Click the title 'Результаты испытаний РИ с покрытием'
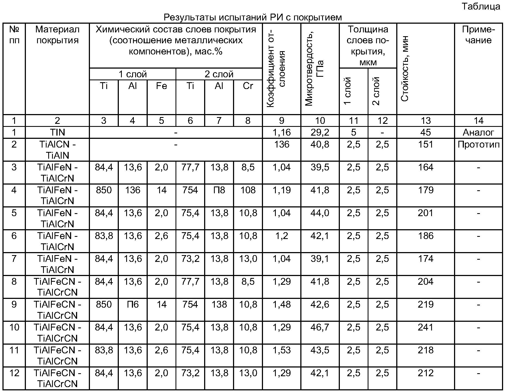click(252, 17)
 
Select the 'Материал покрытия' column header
click(57, 35)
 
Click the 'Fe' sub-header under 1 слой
click(161, 86)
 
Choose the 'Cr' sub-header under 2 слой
click(248, 86)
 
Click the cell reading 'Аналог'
click(478, 132)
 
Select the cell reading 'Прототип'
click(478, 144)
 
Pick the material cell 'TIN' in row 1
click(57, 132)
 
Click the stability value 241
click(425, 327)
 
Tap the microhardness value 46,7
click(320, 327)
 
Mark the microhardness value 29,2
click(320, 132)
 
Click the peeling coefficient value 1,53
click(282, 350)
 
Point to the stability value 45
click(425, 132)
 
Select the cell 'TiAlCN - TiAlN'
click(57, 150)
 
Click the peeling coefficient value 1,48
click(282, 304)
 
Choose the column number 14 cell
click(478, 121)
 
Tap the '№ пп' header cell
click(14, 35)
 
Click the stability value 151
click(425, 144)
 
